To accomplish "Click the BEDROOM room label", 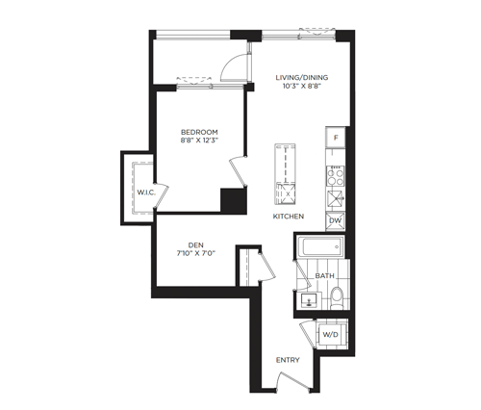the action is coord(199,132).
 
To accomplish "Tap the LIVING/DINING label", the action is coord(302,77).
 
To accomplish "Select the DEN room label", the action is coord(196,245).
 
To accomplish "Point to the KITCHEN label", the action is coord(289,217).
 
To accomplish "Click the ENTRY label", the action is coord(288,360).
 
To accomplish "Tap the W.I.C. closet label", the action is coord(146,192).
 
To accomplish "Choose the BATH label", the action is coord(324,275).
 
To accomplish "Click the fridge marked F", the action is coord(336,138).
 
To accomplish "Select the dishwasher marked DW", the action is coord(336,221).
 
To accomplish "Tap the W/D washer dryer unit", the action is coord(331,335).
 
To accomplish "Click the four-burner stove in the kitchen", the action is coord(336,176).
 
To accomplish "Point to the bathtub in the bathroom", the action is coord(320,246).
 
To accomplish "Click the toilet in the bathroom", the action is coord(337,297).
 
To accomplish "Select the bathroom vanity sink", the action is coord(309,300).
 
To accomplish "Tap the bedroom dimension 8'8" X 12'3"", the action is coord(199,141).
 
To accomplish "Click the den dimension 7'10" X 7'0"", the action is coord(196,253).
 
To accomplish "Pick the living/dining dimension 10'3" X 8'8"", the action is coord(302,86).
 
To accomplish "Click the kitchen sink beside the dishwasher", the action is coord(336,199).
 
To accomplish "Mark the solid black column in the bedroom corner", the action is coord(234,201).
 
